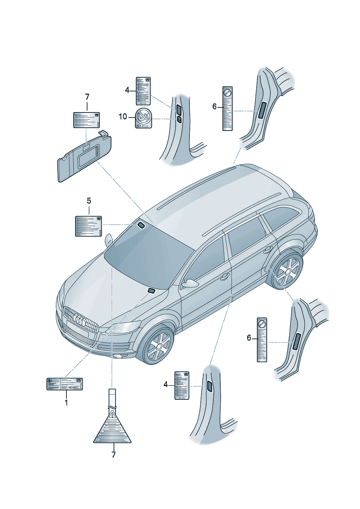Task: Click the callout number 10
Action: pyautogui.click(x=123, y=116)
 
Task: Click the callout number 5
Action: pyautogui.click(x=89, y=201)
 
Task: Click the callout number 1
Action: pyautogui.click(x=66, y=402)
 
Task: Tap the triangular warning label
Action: pyautogui.click(x=112, y=428)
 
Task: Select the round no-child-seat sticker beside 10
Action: pyautogui.click(x=143, y=118)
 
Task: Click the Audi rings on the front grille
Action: pyautogui.click(x=79, y=320)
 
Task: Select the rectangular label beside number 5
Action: pyautogui.click(x=89, y=226)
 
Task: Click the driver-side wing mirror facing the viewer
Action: pyautogui.click(x=190, y=283)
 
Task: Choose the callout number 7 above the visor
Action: pyautogui.click(x=87, y=97)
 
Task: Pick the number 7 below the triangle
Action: pyautogui.click(x=114, y=454)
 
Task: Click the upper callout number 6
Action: pyautogui.click(x=214, y=106)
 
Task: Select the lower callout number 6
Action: pyautogui.click(x=249, y=338)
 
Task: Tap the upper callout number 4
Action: pyautogui.click(x=127, y=90)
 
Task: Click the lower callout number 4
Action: pyautogui.click(x=165, y=385)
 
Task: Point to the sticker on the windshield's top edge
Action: pyautogui.click(x=140, y=226)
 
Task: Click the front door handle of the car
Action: pyautogui.click(x=225, y=277)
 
